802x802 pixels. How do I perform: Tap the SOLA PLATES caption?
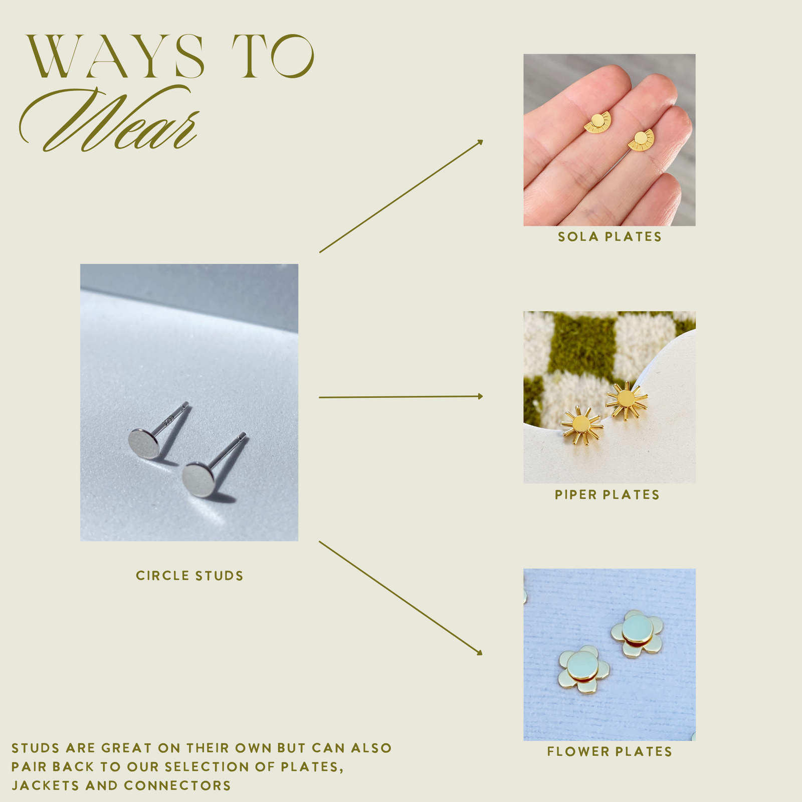610,237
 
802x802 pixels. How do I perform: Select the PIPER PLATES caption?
607,495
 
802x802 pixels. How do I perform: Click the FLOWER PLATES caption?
610,751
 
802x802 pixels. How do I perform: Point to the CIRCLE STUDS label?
189,575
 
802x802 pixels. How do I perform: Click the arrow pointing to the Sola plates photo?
401,196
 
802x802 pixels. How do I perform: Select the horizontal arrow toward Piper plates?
401,396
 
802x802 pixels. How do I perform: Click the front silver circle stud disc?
198,480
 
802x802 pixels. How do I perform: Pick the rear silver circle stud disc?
143,443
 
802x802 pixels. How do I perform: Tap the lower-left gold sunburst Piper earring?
581,426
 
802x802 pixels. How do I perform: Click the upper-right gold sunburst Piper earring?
626,399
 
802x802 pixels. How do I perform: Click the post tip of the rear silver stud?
186,404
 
